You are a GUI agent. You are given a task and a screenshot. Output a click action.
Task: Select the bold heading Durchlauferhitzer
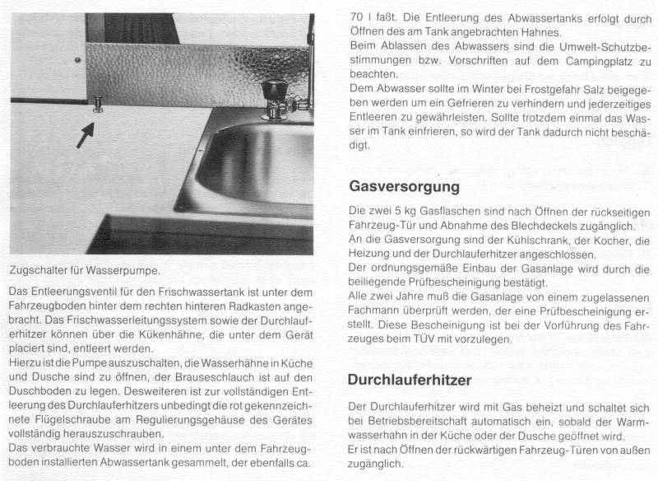pos(409,381)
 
